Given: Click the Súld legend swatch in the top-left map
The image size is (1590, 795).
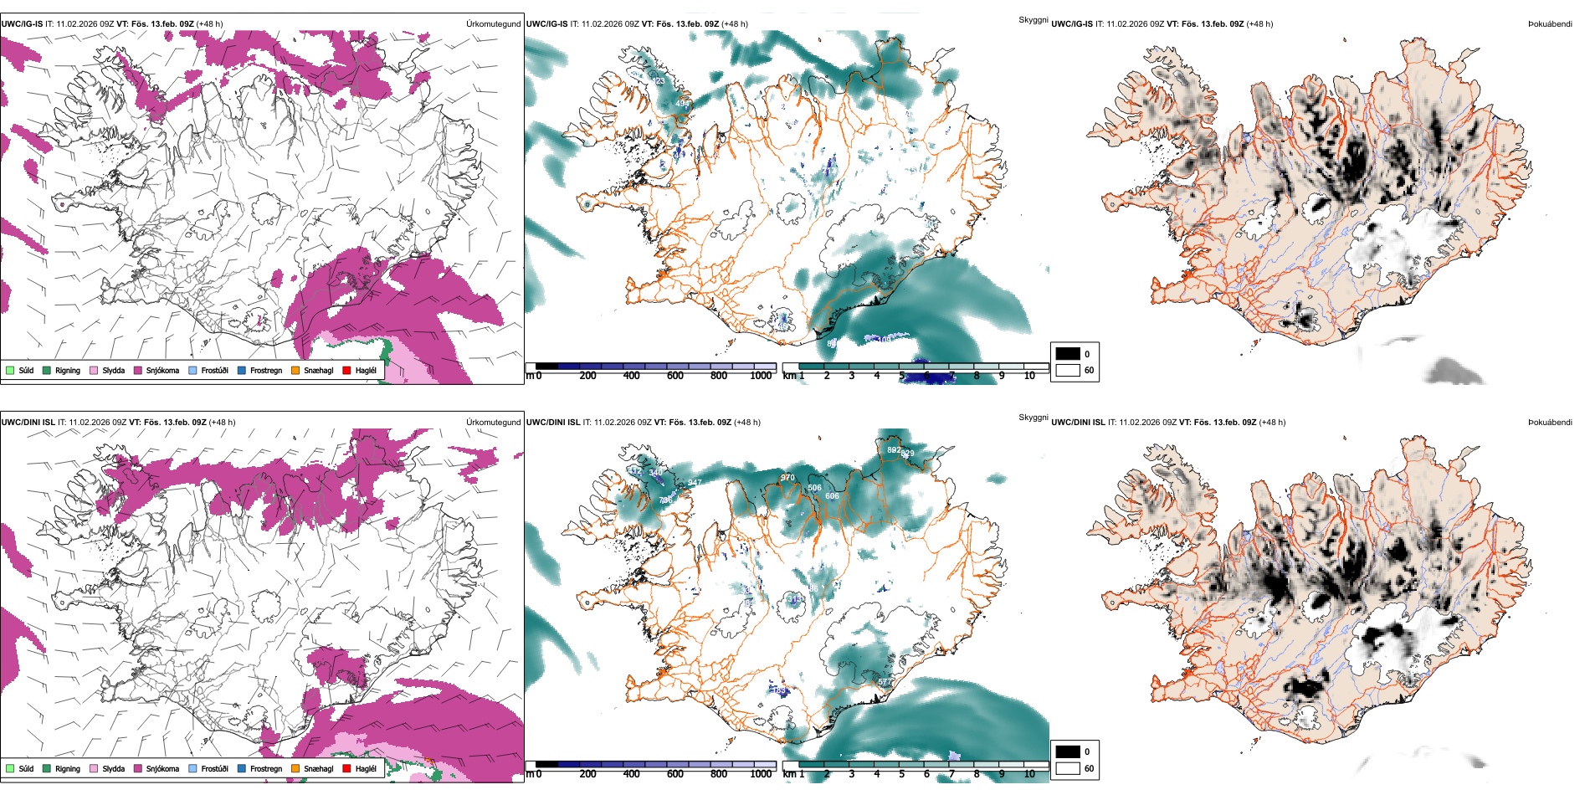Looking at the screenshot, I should coord(10,370).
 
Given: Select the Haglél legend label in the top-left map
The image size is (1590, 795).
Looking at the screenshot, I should coord(366,370).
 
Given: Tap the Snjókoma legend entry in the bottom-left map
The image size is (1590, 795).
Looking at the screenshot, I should coord(162,768).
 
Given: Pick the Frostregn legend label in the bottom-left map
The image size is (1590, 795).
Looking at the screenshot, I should coord(265,768).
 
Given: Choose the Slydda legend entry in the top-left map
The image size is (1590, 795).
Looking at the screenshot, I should coord(113,370).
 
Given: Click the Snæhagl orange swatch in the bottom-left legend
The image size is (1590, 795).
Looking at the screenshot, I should coord(295,768).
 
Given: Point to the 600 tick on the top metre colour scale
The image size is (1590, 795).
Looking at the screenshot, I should coord(674,376).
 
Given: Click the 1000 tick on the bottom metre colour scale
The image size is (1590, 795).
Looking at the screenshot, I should coord(761,774).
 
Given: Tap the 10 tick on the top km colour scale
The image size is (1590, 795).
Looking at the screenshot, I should coord(1029,376).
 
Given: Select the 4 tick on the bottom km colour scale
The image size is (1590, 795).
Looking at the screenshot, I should coord(877,774).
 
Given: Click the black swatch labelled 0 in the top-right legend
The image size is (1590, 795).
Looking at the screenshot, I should coord(1068,354).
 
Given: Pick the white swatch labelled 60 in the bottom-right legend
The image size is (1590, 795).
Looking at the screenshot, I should coord(1068,768).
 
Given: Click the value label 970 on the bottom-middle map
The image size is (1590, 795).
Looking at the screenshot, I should coord(787,478).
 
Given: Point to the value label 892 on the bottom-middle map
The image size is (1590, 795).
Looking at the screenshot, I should coord(894,450).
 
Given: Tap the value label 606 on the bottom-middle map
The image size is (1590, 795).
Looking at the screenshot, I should coord(832,496).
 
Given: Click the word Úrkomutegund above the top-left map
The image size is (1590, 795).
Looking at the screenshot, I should coord(493,24).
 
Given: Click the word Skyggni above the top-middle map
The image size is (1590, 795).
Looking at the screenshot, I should coord(1033,19).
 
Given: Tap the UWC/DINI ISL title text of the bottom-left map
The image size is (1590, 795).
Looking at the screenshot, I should coord(28,423).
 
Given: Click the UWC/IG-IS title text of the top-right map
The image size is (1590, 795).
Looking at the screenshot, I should coord(1072,24).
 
